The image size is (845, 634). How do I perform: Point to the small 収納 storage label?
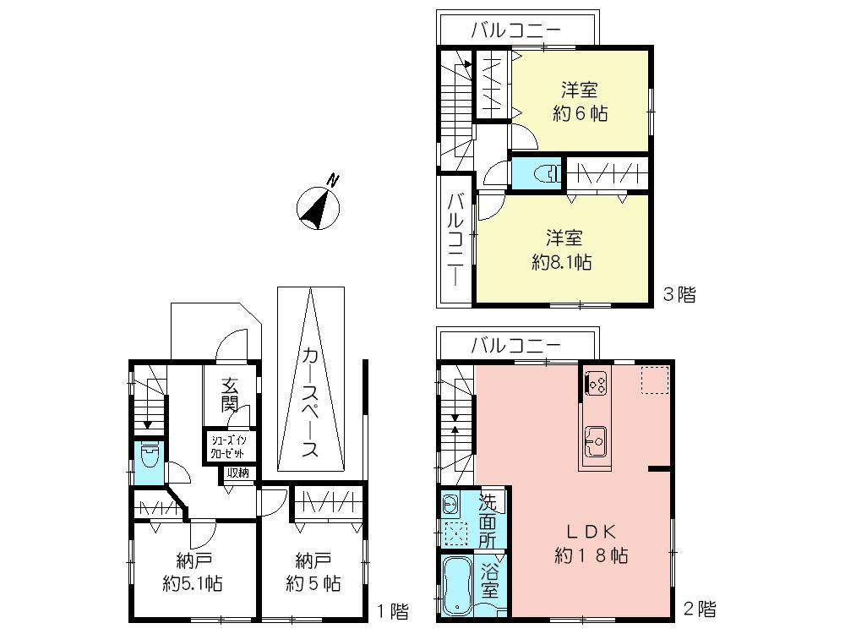pos(237,473)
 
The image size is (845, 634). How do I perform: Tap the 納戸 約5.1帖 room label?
pos(194,572)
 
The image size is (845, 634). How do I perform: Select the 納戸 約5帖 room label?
pos(313,572)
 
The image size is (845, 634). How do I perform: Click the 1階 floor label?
pos(392,609)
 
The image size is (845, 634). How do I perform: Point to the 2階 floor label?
pos(701,609)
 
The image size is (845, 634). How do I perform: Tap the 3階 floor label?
pos(679,295)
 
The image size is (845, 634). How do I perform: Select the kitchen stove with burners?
pos(595,385)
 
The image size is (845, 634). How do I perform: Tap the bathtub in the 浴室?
pos(457,585)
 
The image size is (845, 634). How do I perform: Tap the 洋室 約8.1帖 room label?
pos(562,250)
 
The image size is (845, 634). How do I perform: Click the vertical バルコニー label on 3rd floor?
pos(455,238)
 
